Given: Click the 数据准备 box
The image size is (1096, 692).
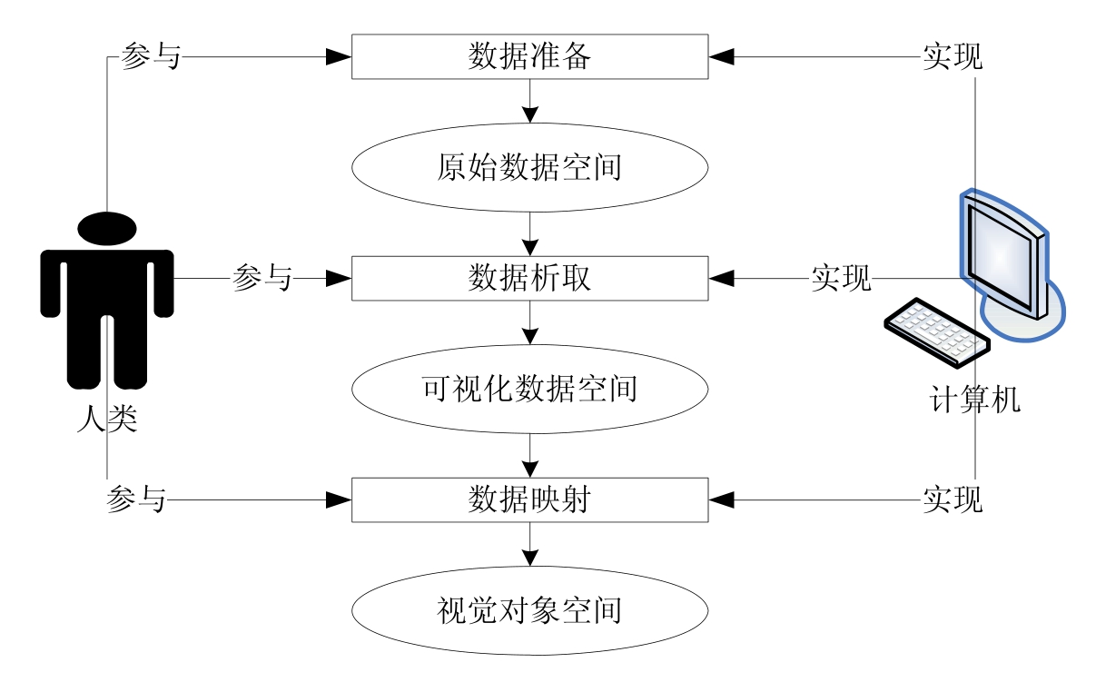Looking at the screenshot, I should click(x=529, y=56).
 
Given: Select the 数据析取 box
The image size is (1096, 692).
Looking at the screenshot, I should click(x=529, y=278).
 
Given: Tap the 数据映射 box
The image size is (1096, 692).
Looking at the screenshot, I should click(x=529, y=499).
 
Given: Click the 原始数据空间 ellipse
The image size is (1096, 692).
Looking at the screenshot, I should click(x=529, y=168).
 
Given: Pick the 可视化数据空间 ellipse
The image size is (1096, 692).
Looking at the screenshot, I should click(x=529, y=389).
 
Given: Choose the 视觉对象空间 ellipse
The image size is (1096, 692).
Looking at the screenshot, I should click(x=529, y=609).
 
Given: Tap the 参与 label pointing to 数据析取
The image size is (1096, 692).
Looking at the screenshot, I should click(x=262, y=278).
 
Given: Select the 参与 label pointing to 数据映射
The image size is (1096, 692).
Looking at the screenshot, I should click(x=136, y=499).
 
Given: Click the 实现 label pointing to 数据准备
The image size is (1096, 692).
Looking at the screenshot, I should click(x=953, y=56).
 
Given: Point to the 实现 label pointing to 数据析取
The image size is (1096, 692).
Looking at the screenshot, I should click(x=841, y=278).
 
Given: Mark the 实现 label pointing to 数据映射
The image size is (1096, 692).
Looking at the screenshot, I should click(x=953, y=499).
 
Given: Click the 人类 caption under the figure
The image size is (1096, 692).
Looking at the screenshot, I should click(x=107, y=420).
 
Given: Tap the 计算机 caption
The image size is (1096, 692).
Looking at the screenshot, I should click(x=975, y=400).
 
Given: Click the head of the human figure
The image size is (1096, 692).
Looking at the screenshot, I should click(x=107, y=230).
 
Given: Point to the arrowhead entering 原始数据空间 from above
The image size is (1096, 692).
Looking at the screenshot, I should click(x=529, y=115).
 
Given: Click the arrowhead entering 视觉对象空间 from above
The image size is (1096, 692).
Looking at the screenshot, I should click(x=529, y=557).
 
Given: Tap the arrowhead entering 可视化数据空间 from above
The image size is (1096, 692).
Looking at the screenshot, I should click(x=529, y=336).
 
